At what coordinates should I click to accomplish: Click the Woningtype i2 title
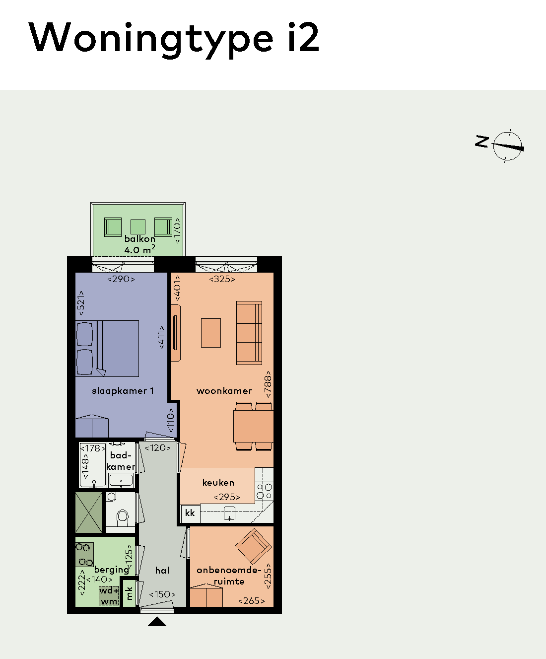pos(174,38)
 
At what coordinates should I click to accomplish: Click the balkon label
pos(139,239)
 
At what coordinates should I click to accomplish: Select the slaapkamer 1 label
pos(123,391)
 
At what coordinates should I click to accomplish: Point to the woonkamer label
pos(224,391)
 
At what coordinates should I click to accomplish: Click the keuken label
pos(218,482)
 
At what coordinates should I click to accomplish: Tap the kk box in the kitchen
pos(190,513)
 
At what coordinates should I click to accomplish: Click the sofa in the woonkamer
pos(249,332)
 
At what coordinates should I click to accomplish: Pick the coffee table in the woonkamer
pos(210,333)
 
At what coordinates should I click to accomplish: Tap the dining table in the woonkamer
pos(253,426)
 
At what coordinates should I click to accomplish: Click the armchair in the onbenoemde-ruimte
pos(254,546)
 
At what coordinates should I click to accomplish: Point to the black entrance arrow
pos(157,621)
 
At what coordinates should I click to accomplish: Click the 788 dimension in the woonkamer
pos(268,384)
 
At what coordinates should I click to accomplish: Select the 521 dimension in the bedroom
pos(81,303)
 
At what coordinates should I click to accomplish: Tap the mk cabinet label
pos(130,593)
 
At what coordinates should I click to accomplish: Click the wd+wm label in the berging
pos(109,596)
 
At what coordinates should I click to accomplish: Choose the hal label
pos(162,571)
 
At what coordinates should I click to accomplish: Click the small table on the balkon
pos(138,226)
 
